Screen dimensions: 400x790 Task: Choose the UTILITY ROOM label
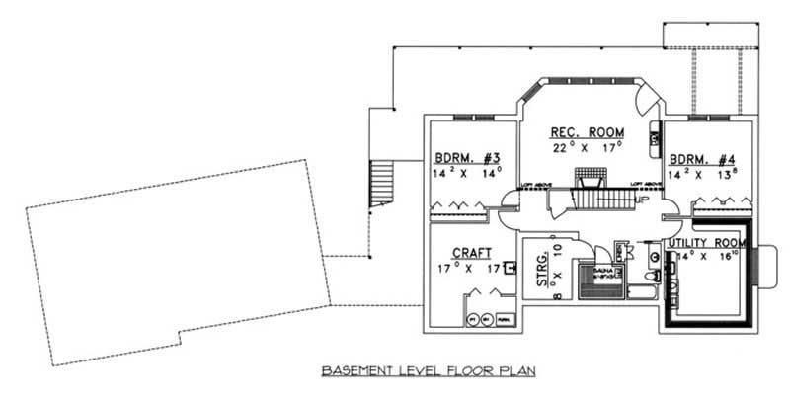click(x=705, y=243)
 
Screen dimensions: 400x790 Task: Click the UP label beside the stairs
click(x=642, y=199)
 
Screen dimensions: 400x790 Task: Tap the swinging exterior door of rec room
click(x=646, y=100)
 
